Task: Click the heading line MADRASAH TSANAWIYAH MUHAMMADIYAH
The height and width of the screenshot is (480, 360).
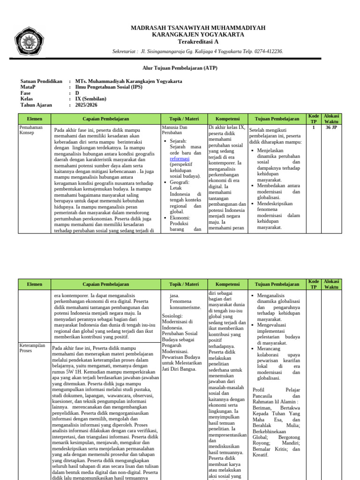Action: (198, 28)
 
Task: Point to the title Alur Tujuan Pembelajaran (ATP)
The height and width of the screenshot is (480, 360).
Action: (180, 68)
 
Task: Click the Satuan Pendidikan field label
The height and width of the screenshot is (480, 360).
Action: (41, 81)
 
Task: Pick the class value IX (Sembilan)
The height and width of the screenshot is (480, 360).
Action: (90, 99)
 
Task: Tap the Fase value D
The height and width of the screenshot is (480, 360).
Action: (77, 93)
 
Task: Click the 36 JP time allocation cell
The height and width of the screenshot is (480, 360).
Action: (331, 127)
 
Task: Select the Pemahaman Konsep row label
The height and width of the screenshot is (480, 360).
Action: (30, 130)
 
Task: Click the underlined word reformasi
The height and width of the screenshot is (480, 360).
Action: (180, 159)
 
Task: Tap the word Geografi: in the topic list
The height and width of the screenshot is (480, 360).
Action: (180, 182)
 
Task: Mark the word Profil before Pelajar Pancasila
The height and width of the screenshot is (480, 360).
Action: (260, 390)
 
